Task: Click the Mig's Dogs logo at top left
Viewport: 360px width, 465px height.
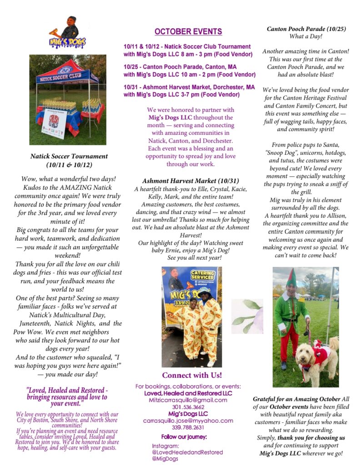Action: (67, 33)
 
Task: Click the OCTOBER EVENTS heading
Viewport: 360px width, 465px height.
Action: (188, 31)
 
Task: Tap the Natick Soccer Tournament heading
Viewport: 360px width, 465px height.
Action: (69, 160)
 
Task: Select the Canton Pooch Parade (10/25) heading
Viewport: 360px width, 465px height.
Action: (306, 29)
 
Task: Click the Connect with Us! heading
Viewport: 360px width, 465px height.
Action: (192, 375)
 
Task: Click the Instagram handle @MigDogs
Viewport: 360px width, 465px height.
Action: (165, 459)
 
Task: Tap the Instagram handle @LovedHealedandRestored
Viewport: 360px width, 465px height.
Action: (187, 452)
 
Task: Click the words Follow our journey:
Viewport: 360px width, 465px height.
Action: (184, 437)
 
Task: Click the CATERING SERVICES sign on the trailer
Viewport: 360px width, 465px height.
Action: (203, 275)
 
